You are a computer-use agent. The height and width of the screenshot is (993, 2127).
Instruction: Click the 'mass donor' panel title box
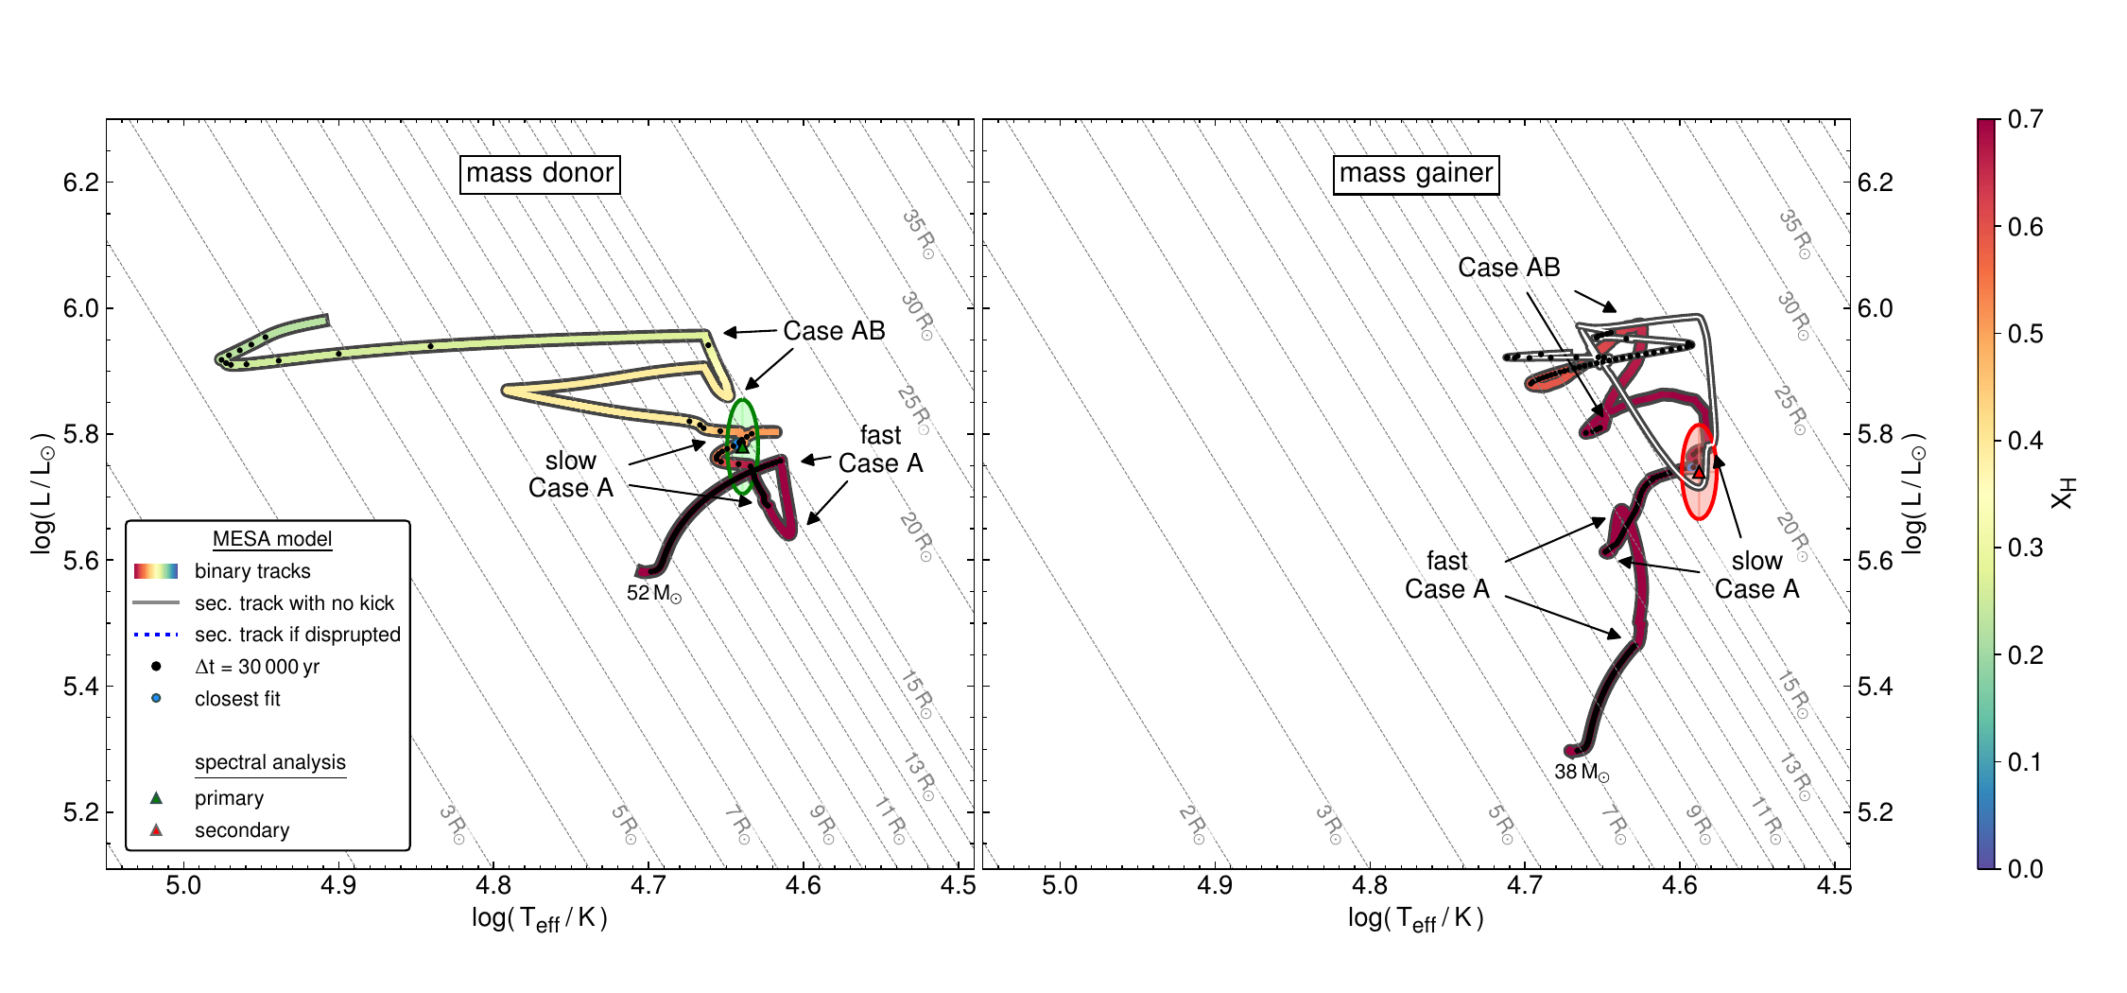[540, 174]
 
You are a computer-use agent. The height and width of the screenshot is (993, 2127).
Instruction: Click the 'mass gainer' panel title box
[1415, 174]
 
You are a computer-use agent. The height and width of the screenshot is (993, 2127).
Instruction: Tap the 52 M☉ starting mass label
[653, 594]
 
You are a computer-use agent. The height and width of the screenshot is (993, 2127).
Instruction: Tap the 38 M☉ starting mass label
[1582, 773]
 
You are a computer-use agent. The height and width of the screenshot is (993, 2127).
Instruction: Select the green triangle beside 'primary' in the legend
[157, 798]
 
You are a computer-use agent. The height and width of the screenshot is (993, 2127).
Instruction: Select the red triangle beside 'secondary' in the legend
[157, 830]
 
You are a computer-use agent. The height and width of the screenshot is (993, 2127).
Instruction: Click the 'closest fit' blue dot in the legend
[157, 699]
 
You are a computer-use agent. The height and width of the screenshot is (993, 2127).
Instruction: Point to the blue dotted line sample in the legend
[157, 635]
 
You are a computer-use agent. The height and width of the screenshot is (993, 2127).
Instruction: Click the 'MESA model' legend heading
[272, 539]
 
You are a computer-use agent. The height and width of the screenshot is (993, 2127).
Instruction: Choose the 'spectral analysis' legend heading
[270, 762]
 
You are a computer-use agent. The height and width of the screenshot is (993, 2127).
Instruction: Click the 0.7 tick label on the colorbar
[2025, 120]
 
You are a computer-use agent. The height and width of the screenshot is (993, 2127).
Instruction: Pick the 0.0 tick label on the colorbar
[2025, 869]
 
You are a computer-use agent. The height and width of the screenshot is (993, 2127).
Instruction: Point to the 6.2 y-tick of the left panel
[81, 183]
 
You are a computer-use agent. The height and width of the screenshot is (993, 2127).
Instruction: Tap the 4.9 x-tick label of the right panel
[1215, 886]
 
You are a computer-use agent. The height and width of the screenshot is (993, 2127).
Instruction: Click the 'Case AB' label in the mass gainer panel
[1509, 268]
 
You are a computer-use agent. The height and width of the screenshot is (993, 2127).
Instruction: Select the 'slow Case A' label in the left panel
[571, 475]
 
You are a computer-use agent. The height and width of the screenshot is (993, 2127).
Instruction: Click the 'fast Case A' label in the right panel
[1447, 575]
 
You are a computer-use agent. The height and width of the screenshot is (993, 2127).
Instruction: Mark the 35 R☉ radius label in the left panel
[918, 234]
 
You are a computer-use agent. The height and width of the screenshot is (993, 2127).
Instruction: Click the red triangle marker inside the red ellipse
[1699, 472]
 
